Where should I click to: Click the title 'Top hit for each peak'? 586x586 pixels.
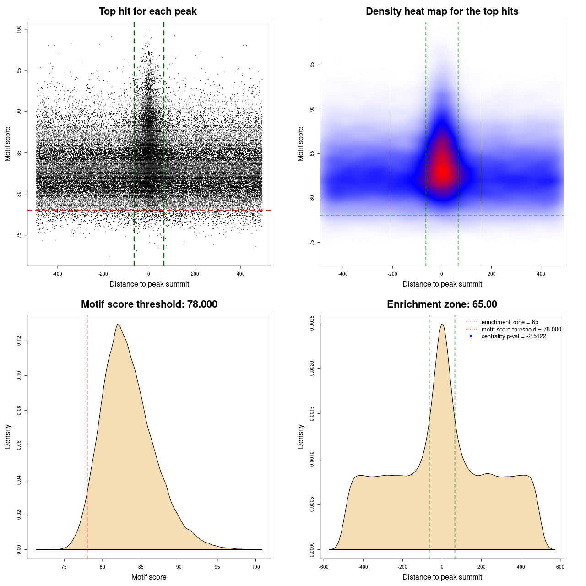[148, 11]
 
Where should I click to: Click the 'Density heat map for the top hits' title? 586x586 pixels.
[442, 11]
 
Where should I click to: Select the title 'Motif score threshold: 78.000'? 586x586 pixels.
[149, 304]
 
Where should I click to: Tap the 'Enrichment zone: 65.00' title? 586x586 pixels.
[442, 304]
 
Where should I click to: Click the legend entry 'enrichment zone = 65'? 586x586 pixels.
[510, 322]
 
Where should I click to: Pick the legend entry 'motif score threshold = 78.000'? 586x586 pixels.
[521, 329]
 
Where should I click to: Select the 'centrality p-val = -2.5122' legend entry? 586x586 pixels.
[514, 336]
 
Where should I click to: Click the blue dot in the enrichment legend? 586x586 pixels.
[471, 336]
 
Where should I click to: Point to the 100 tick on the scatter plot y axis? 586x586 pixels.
[19, 29]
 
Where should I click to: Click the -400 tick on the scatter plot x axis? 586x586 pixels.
[57, 274]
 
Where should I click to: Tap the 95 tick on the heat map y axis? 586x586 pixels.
[312, 65]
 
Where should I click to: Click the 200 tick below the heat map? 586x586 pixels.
[491, 274]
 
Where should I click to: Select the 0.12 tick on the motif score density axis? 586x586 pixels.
[19, 341]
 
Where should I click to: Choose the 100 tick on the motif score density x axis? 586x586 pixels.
[256, 567]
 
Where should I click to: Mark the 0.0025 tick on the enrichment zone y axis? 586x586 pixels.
[312, 323]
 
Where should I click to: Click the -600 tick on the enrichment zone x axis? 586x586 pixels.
[324, 567]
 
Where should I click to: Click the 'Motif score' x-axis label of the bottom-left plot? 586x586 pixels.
[149, 577]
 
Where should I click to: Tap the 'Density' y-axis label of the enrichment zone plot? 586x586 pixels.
[301, 436]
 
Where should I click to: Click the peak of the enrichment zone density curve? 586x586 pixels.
[442, 324]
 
